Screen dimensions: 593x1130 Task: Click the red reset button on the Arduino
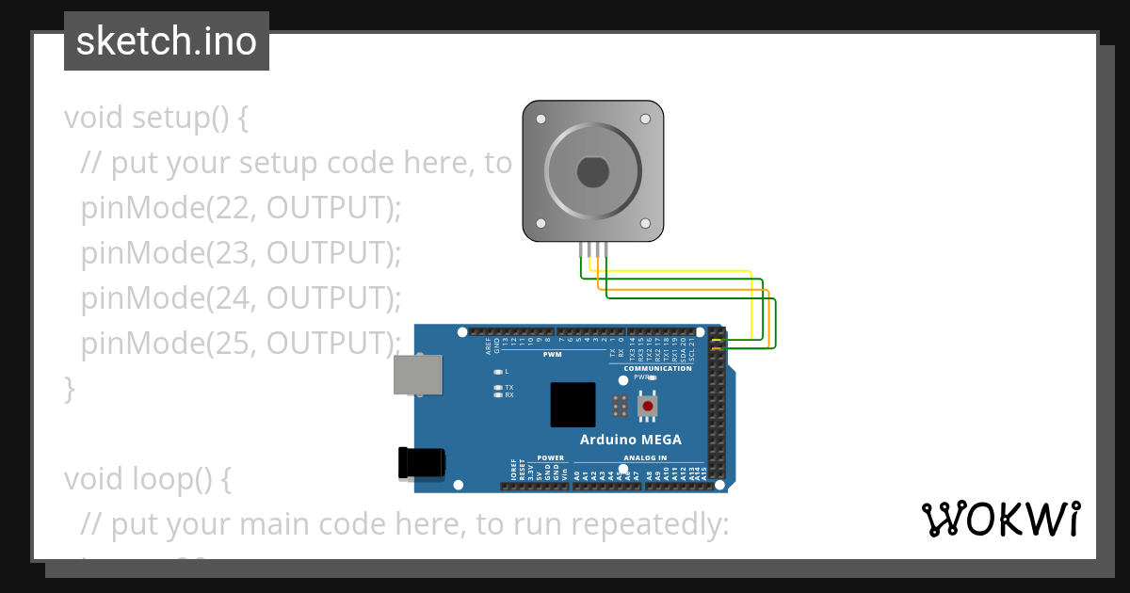click(647, 406)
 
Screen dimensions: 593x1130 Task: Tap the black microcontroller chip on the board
click(573, 405)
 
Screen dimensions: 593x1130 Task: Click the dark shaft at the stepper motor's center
click(593, 173)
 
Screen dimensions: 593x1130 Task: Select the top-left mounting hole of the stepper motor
click(541, 120)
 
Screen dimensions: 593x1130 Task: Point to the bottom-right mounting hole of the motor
click(645, 224)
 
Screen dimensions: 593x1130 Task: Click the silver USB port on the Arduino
click(417, 374)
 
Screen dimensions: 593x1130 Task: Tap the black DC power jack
click(421, 462)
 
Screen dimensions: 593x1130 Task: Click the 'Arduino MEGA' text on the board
click(630, 440)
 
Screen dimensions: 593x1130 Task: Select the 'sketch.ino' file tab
click(167, 41)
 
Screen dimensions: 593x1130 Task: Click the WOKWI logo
click(1000, 520)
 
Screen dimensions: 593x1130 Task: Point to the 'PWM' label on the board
click(552, 355)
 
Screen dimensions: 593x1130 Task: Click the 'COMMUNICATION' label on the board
click(664, 368)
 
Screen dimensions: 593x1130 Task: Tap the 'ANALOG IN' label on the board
click(644, 458)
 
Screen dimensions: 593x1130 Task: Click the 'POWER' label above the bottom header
click(550, 458)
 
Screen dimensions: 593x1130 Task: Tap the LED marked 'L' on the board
click(497, 372)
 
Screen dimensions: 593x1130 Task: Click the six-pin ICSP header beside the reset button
click(620, 406)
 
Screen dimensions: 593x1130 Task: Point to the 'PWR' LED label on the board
click(641, 377)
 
